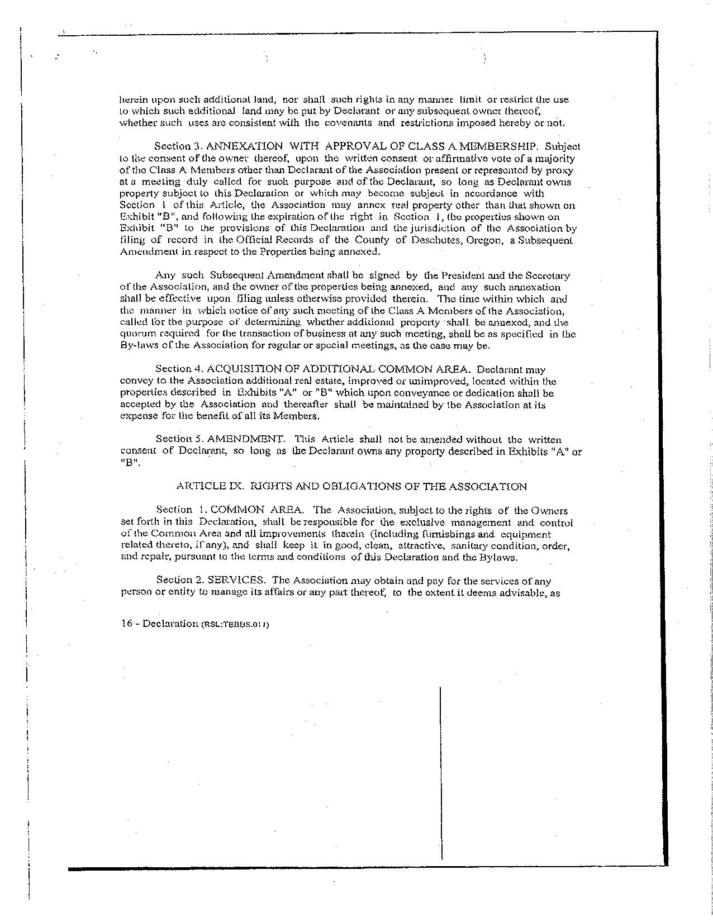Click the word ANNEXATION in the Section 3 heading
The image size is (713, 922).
coord(241,146)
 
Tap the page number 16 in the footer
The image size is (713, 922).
coord(126,624)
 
